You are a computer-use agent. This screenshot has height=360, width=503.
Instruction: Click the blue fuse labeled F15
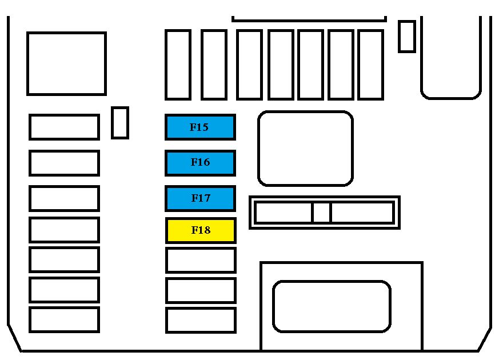coord(200,127)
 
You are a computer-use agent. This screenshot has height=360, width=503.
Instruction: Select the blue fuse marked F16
coord(200,163)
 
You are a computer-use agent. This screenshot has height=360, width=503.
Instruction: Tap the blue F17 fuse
coord(200,198)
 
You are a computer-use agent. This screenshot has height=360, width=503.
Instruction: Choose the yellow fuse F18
coord(201,230)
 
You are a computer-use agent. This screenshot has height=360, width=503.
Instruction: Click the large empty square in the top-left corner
coord(66,63)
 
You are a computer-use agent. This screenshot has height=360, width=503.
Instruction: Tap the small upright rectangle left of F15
coord(120,123)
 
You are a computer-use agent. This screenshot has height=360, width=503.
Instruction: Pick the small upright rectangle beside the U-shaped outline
coord(407,36)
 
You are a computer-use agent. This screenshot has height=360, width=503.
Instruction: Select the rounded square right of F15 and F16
coord(305,149)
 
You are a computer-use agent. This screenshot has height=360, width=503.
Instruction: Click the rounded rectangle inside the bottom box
coord(332,306)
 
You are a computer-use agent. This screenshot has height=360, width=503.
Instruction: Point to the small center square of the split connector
coord(321,212)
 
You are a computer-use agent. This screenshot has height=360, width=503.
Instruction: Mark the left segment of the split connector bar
coord(284,212)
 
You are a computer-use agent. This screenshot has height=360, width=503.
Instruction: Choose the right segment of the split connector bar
coord(362,212)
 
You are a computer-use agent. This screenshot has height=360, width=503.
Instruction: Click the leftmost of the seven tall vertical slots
coord(178,65)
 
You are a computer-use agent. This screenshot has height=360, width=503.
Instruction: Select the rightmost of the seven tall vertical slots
coord(370,65)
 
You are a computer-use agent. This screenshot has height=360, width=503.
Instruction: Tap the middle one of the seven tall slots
coord(281,65)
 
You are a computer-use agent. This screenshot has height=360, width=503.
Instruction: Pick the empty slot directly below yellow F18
coord(201,260)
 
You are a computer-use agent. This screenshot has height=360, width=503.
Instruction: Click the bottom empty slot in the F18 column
coord(201,320)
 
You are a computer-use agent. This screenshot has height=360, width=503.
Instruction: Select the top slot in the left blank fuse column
coord(64,127)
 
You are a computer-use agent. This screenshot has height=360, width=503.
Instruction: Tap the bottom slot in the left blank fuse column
coord(64,319)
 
